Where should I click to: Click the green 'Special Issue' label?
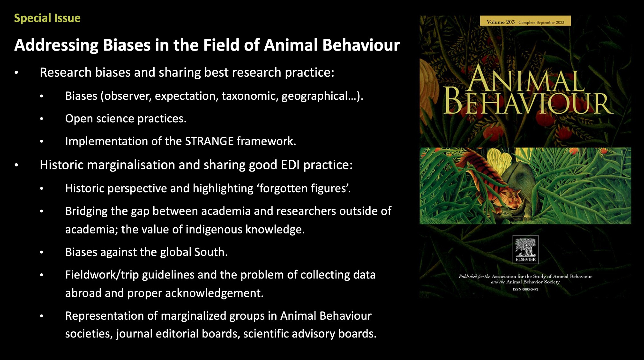tap(47, 18)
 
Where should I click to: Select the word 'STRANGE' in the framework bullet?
tap(209, 141)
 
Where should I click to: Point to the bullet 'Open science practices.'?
tap(126, 118)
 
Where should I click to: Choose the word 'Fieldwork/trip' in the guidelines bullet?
tap(102, 275)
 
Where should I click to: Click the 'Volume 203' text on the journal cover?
tap(501, 22)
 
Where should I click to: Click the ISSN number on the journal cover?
tap(526, 289)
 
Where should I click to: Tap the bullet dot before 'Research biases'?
tap(16, 73)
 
